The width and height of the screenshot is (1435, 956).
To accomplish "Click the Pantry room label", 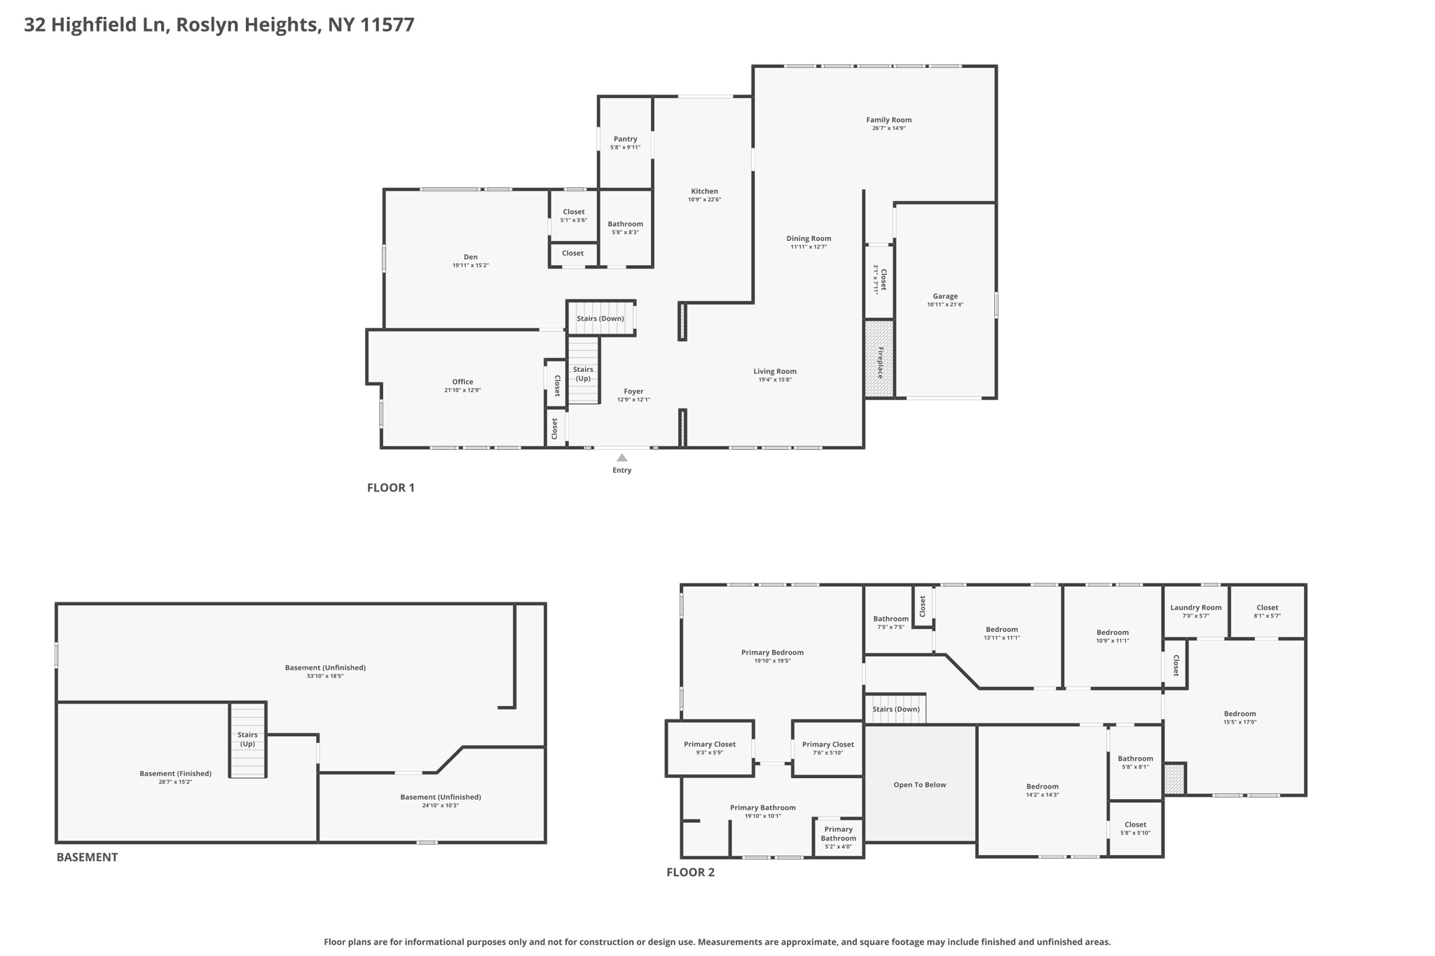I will point(625,139).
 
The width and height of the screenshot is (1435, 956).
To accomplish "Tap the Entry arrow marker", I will point(622,458).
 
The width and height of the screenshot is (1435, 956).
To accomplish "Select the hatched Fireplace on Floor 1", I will point(879,359).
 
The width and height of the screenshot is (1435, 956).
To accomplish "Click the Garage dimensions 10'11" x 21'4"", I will point(945,305).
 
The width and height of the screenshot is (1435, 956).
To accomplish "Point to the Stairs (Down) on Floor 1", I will point(600,319).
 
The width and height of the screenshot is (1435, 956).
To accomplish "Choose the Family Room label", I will point(888,120).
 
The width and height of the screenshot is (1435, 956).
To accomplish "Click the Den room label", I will point(470,257).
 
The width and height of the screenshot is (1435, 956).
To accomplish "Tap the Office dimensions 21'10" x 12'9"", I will point(462,390).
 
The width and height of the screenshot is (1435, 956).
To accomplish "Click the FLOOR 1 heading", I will point(391,487).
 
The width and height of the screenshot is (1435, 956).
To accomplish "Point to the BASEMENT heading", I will point(87,857).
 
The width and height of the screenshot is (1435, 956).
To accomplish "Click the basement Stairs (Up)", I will point(247,740).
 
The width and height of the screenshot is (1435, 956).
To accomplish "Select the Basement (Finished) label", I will point(175,773).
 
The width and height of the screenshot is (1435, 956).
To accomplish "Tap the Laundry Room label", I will point(1195,607).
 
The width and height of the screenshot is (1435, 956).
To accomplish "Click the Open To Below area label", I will point(919,784).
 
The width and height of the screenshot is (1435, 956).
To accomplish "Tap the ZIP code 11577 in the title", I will point(387,25).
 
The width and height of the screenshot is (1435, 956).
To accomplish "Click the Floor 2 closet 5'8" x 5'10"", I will point(1135,828).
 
